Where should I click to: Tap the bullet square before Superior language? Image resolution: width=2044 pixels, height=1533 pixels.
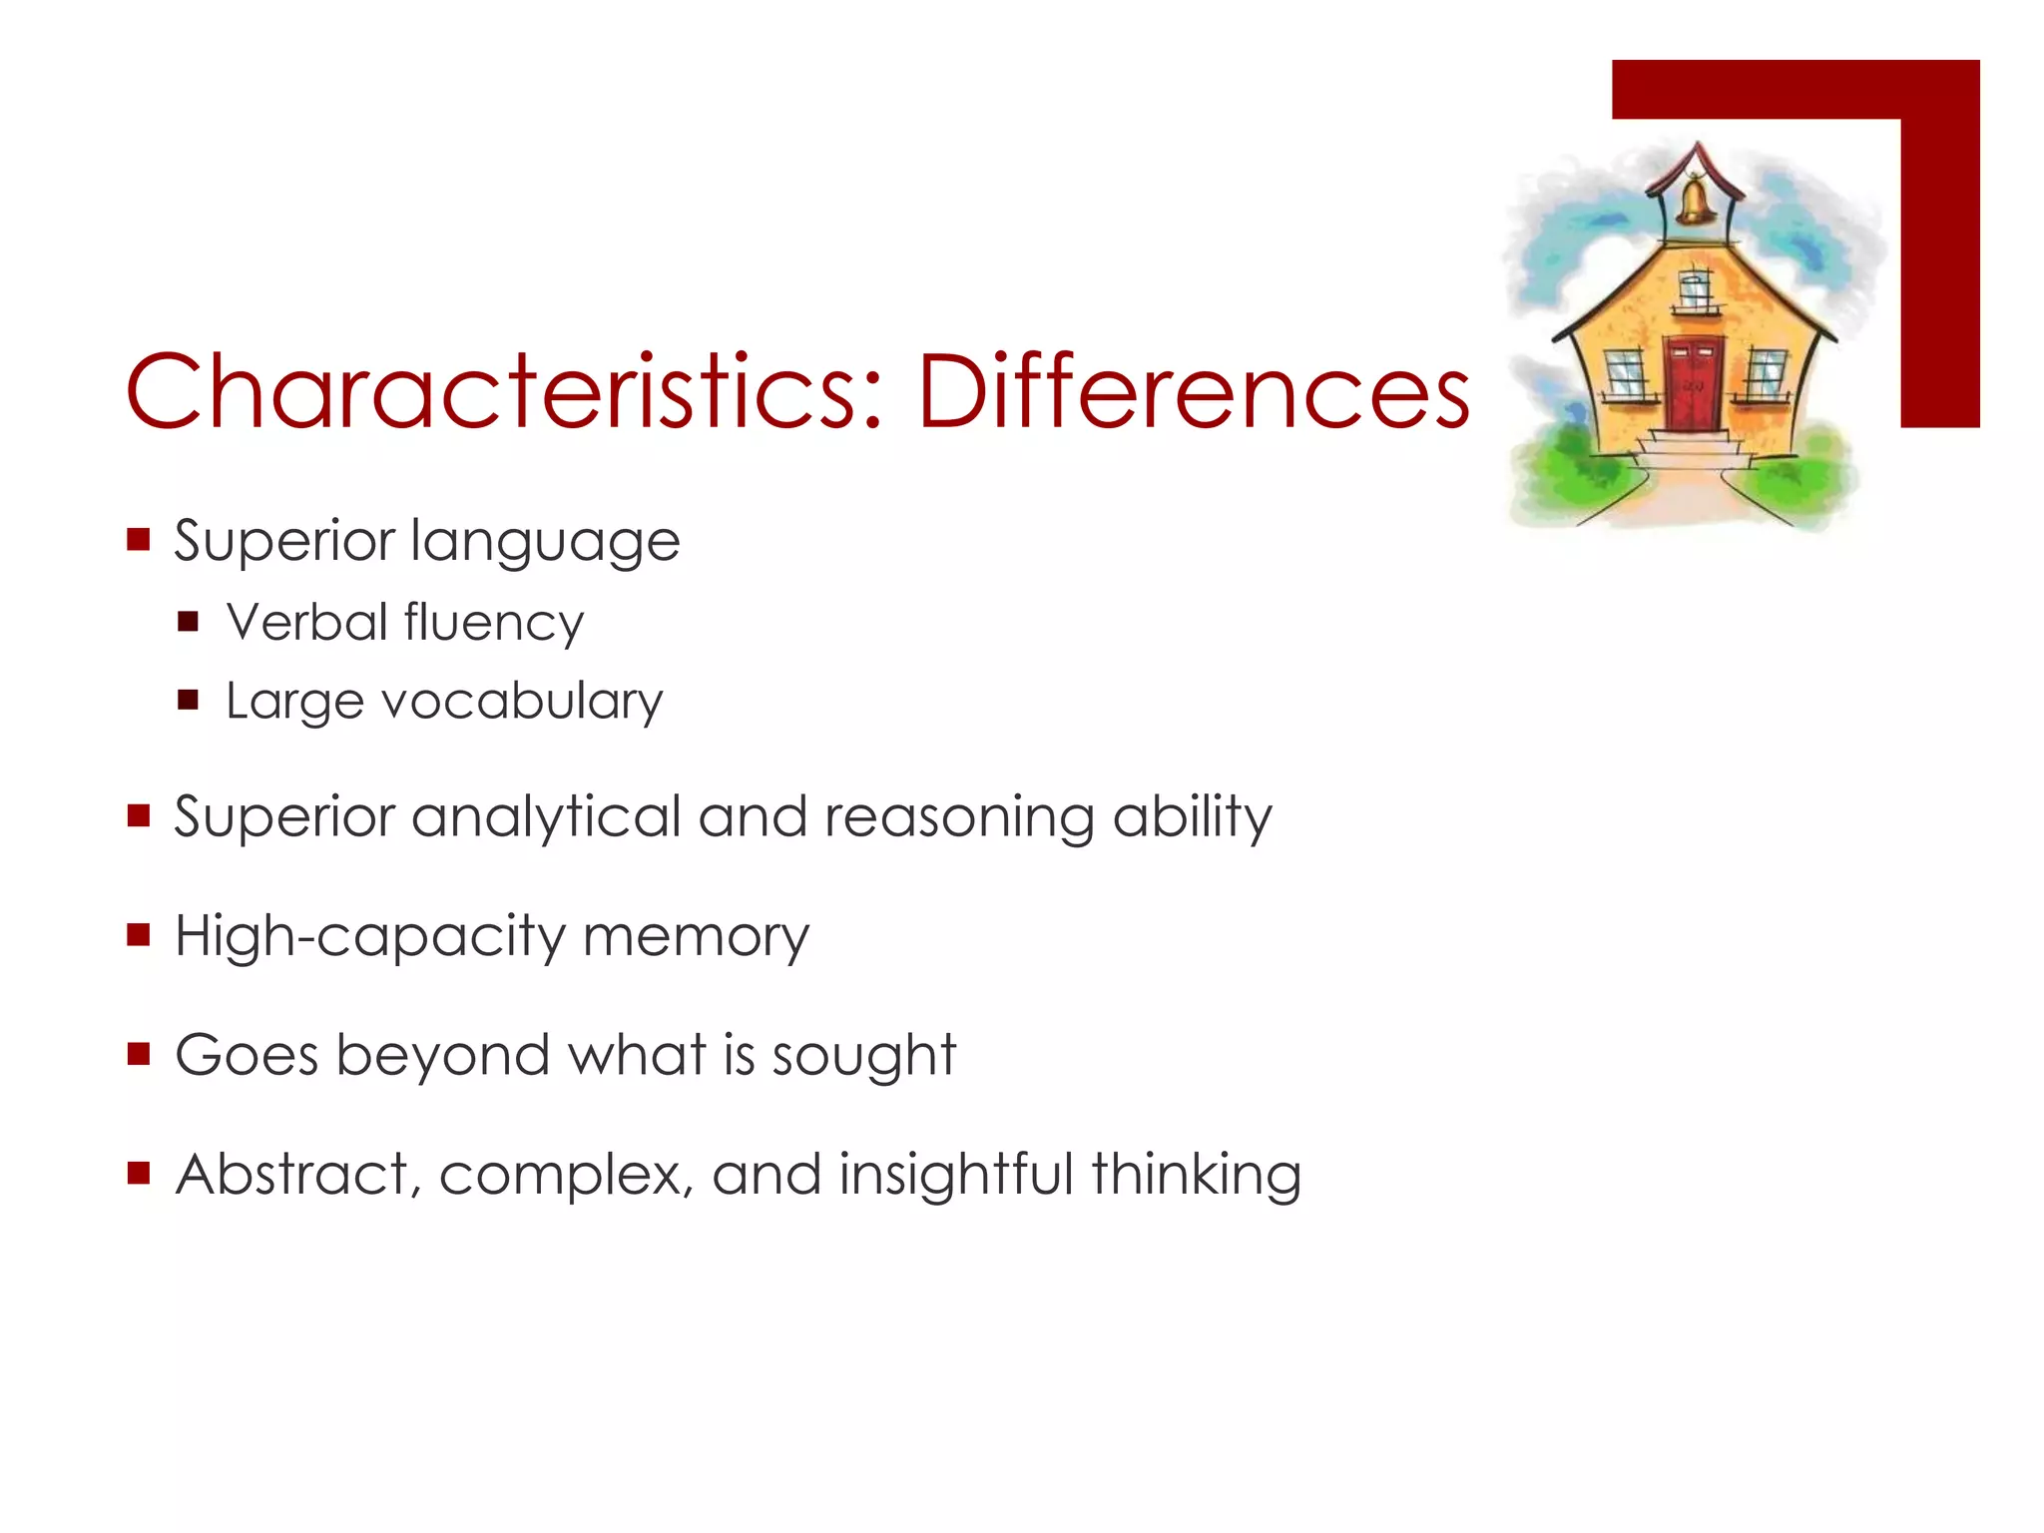[x=139, y=541]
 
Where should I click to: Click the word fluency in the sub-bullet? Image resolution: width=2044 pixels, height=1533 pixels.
[x=493, y=624]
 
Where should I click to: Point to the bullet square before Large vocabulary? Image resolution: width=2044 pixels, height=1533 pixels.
[x=189, y=700]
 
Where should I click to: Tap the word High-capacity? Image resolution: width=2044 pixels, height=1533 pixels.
[x=369, y=938]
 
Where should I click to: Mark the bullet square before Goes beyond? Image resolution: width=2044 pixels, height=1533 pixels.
[x=139, y=1054]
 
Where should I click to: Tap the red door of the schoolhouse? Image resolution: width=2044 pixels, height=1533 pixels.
[x=1693, y=384]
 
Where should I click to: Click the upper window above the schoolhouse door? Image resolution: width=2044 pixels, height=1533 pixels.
[x=1694, y=291]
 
